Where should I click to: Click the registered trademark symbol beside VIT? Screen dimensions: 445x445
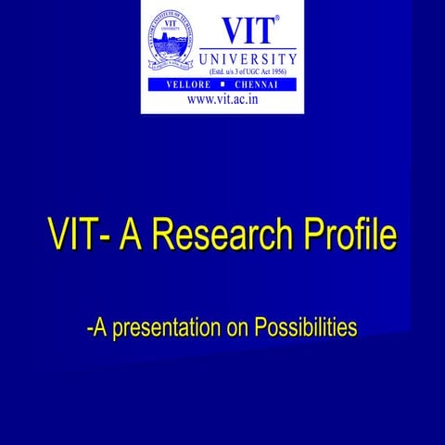pos(276,17)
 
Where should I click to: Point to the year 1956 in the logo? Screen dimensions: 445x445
pos(274,72)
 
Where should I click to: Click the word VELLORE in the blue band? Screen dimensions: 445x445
pos(184,85)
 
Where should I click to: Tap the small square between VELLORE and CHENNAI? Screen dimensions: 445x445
pos(223,85)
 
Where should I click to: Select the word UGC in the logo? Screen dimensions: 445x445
pos(239,72)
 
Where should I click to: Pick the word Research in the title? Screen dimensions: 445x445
pos(221,235)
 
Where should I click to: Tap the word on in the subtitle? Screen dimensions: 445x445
pos(236,328)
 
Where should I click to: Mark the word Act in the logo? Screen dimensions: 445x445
pos(258,72)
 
